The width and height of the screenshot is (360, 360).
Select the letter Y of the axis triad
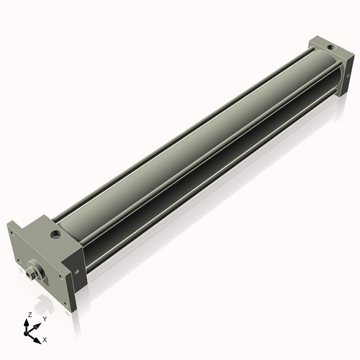[45, 319]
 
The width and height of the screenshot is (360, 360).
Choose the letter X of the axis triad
[45, 339]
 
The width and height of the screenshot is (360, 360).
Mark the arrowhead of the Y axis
[37, 325]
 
